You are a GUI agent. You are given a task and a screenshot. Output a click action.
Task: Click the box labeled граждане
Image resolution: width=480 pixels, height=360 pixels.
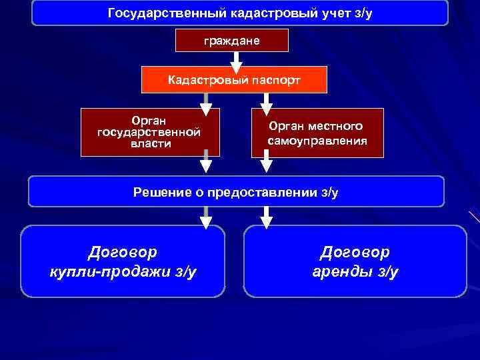pos(231,41)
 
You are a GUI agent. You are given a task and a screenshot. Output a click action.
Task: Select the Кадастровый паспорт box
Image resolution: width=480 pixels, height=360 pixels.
pos(234,80)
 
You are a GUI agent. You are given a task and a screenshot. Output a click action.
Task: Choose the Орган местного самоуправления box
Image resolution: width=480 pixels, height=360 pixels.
pos(317,133)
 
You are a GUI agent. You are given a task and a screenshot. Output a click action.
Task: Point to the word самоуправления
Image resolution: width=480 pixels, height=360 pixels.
pos(317,141)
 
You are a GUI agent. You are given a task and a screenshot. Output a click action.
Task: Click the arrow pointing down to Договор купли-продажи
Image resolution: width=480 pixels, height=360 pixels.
pos(206,217)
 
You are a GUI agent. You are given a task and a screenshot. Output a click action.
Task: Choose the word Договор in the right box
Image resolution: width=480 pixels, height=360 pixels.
pos(355,252)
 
